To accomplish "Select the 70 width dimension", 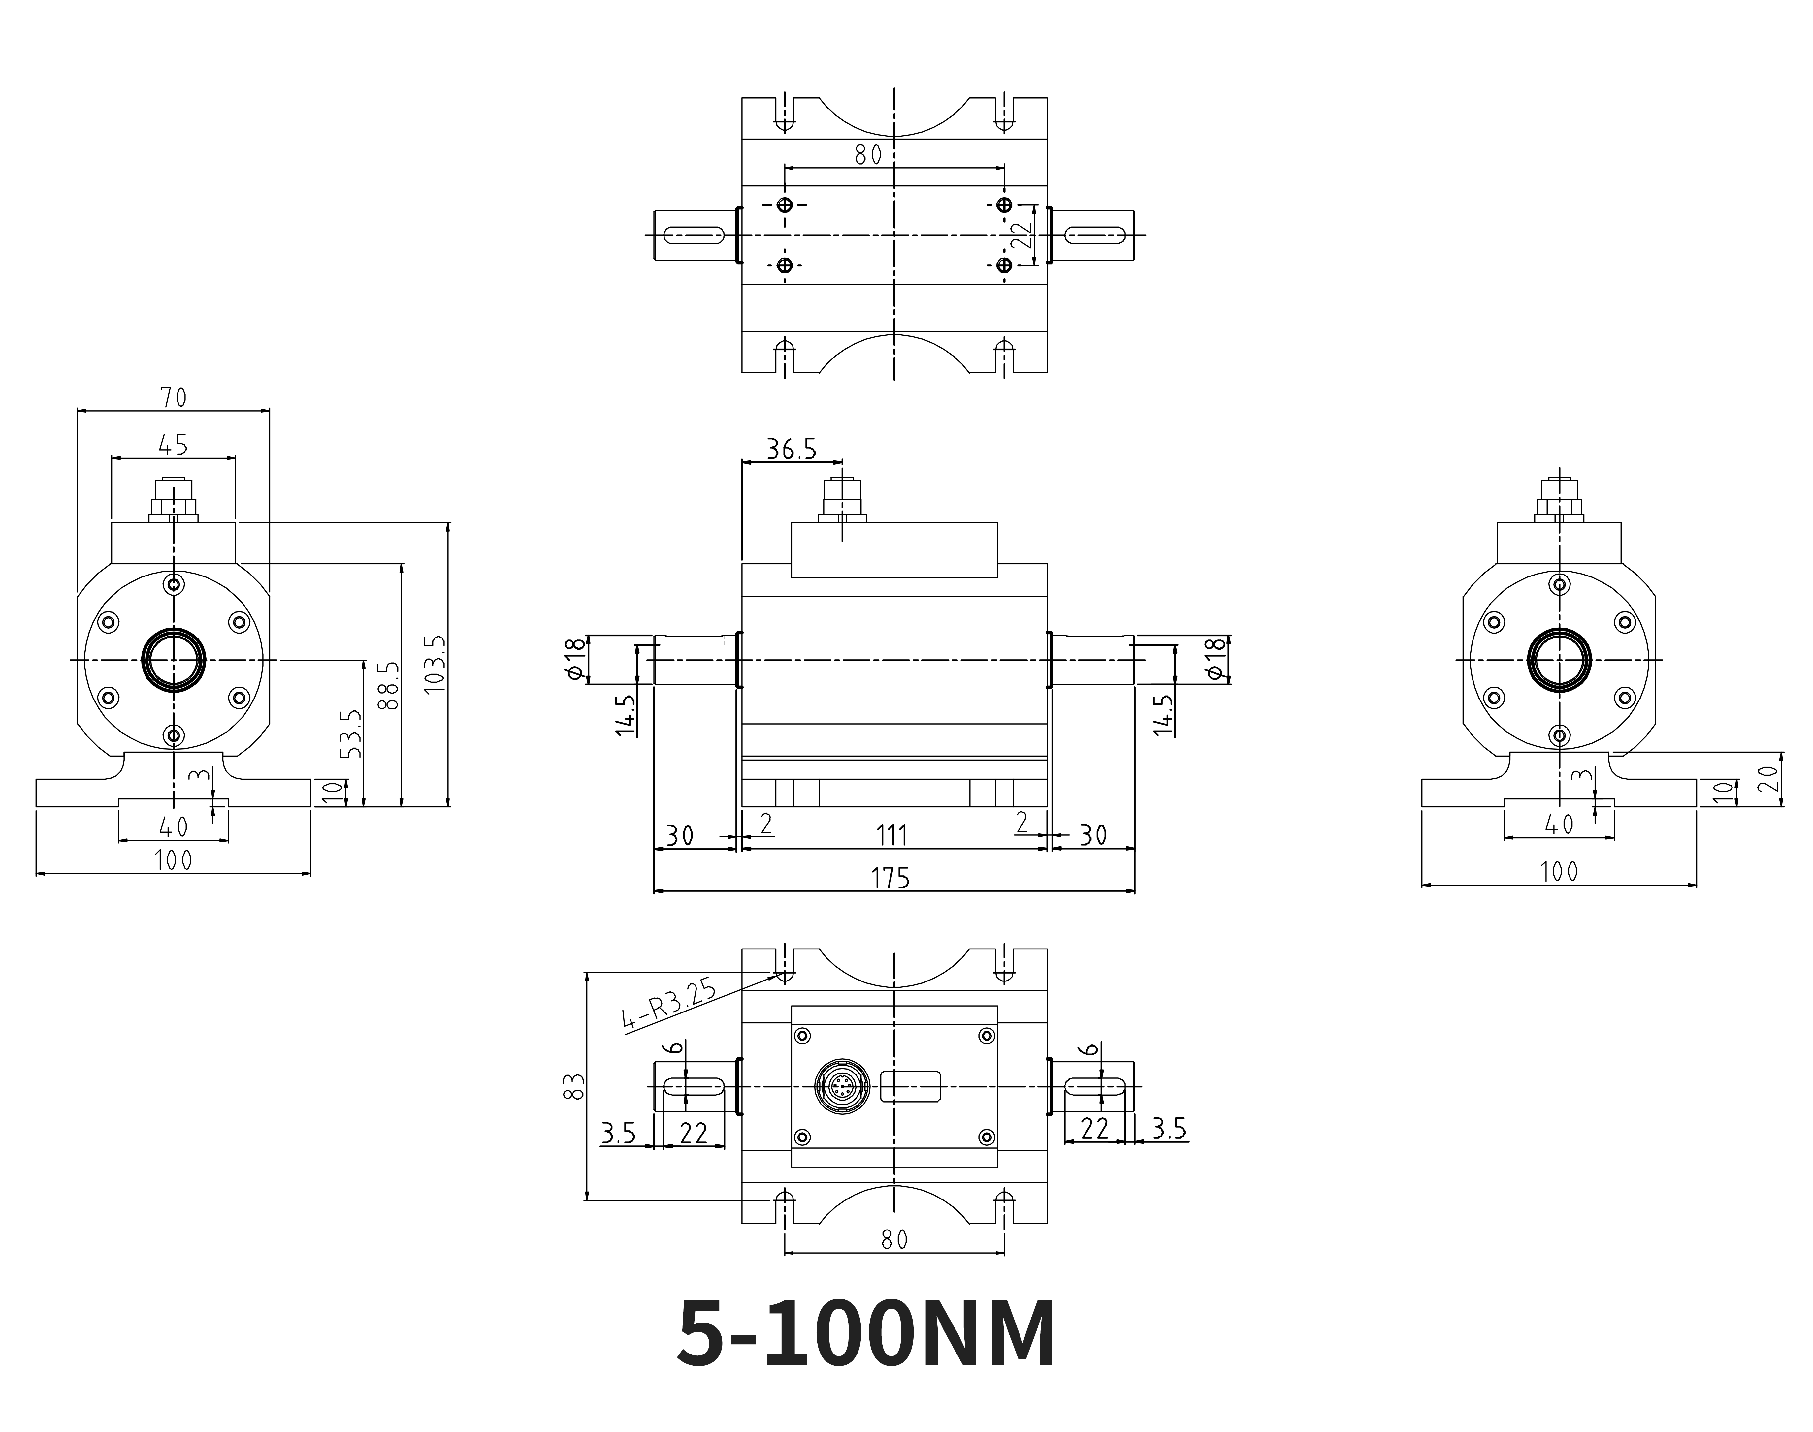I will (174, 397).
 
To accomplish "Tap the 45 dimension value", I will (174, 445).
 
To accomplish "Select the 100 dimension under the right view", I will (1559, 872).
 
